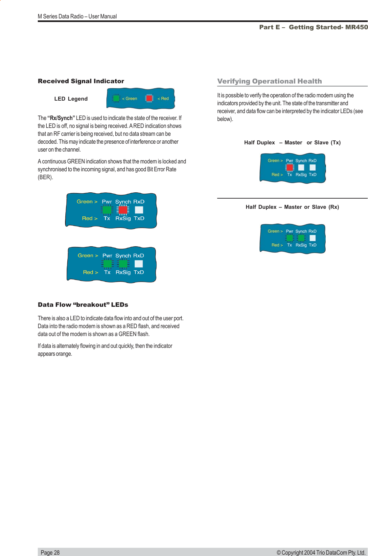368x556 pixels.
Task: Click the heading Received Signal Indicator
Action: point(81,81)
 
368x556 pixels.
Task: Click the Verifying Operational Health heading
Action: point(269,81)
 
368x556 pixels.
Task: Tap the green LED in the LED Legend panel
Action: point(116,98)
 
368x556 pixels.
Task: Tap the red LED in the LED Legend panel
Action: point(149,98)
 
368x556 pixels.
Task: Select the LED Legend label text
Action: point(71,99)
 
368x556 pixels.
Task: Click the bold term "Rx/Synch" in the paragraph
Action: point(61,118)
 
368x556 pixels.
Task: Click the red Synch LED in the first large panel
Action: point(123,210)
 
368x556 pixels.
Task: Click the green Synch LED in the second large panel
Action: point(123,264)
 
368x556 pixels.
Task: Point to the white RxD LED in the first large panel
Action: point(139,210)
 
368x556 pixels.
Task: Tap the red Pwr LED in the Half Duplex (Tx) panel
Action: point(289,167)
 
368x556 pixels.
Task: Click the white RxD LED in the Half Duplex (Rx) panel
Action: point(312,238)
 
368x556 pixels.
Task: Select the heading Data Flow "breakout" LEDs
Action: point(83,305)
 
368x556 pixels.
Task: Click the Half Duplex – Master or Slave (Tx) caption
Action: point(292,143)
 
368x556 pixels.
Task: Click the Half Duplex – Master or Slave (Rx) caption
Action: point(292,207)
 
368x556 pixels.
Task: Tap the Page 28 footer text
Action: point(50,552)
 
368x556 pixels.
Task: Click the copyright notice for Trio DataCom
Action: point(321,552)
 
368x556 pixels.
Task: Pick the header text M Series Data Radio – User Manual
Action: point(77,16)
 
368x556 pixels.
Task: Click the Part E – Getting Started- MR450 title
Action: point(313,27)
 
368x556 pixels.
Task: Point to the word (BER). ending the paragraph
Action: point(45,177)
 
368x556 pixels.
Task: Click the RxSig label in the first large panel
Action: point(123,218)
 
